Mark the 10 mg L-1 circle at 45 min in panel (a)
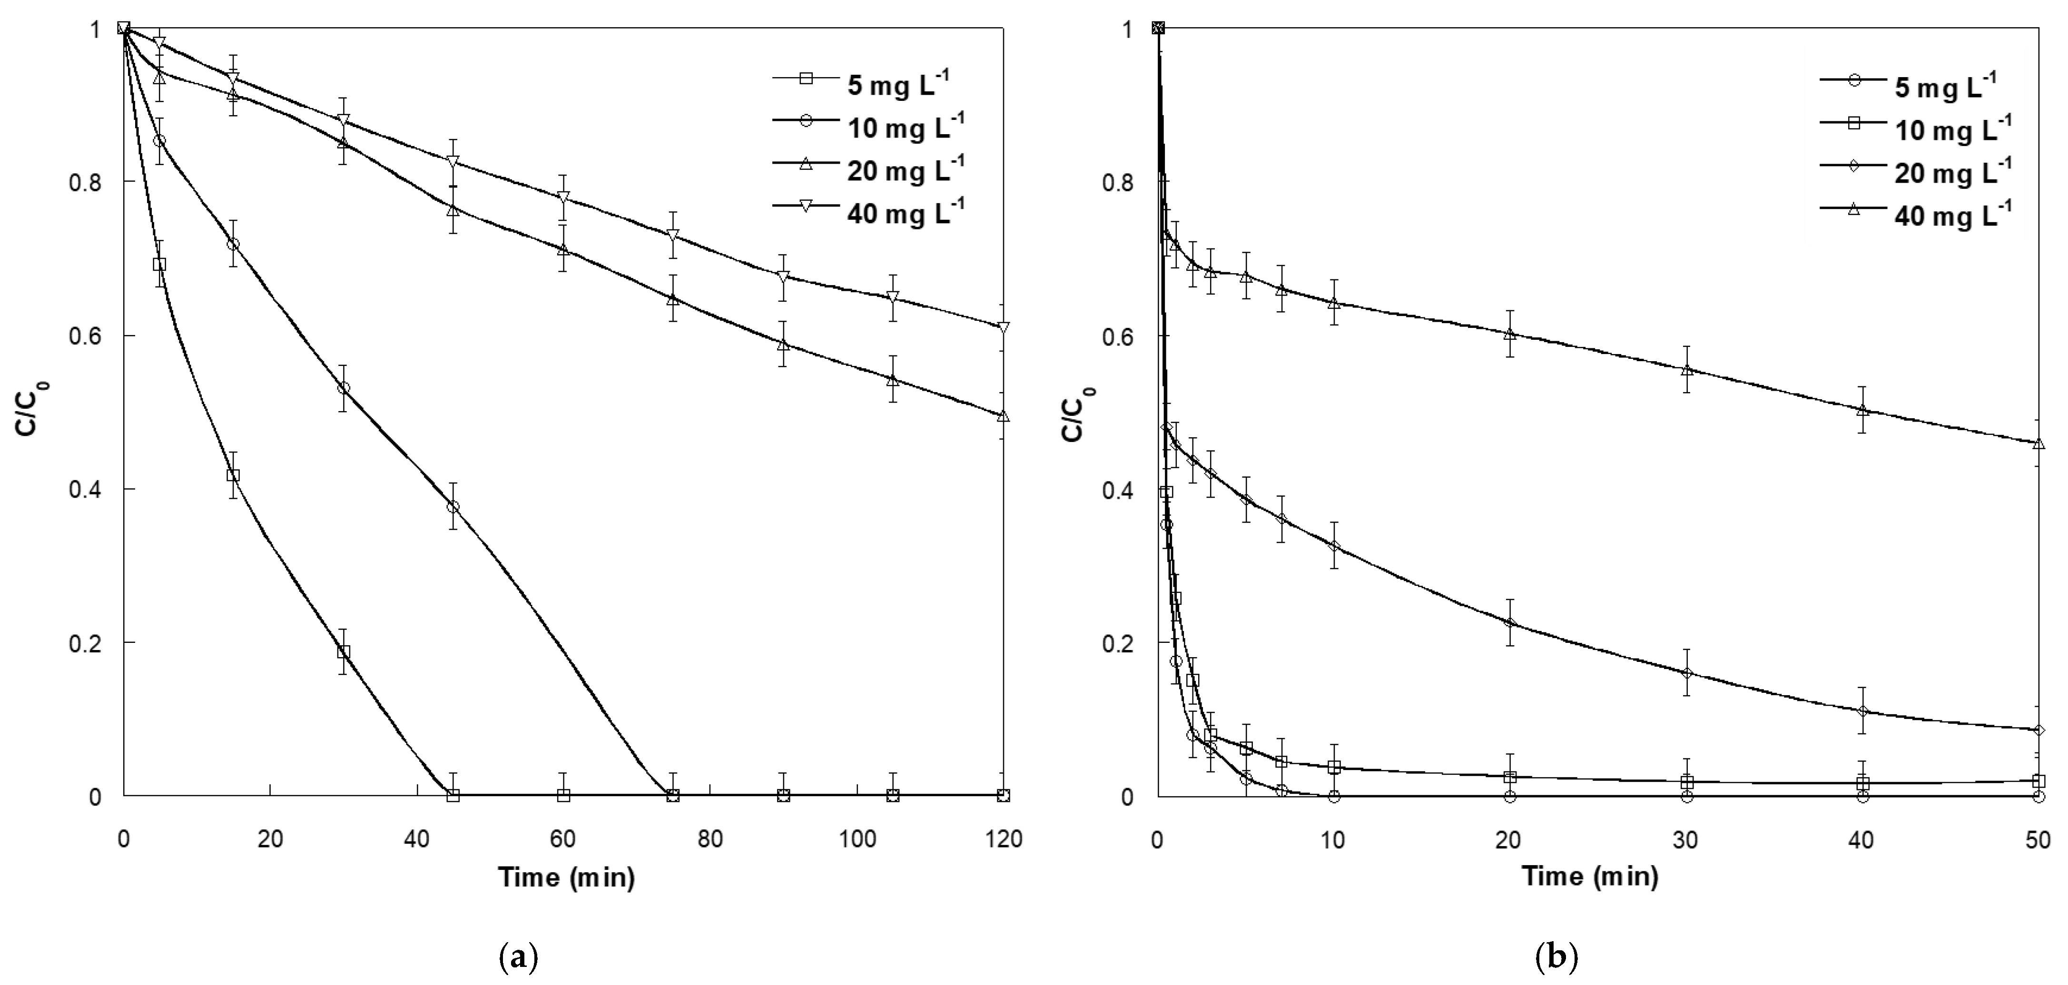click(x=453, y=507)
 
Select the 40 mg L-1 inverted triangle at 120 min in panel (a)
click(x=1003, y=327)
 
